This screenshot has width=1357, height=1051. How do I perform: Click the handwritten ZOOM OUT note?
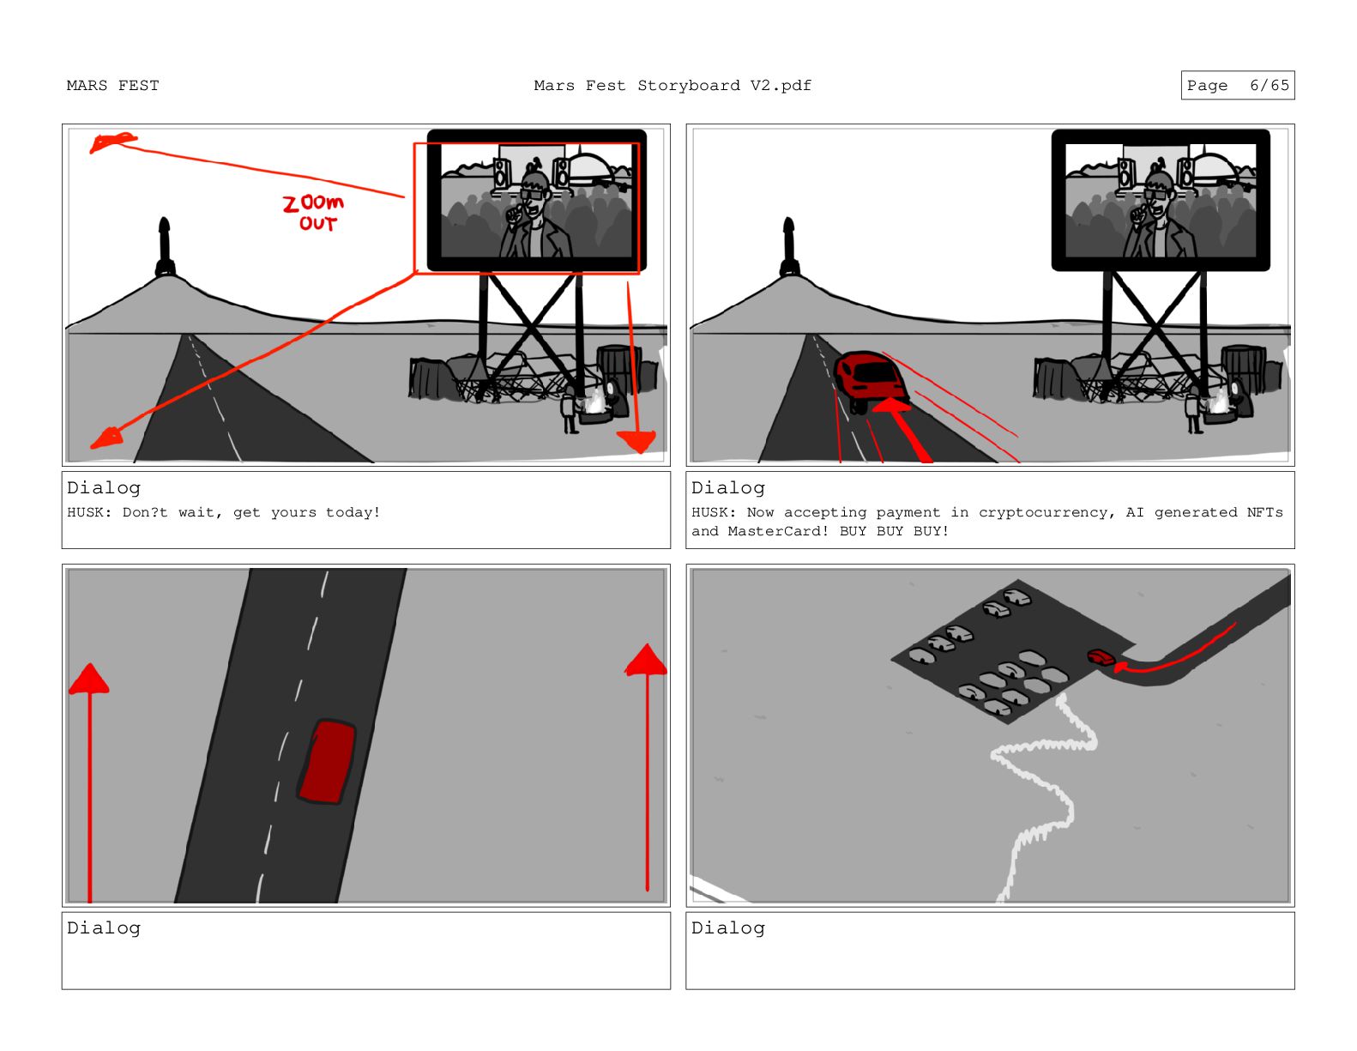[313, 212]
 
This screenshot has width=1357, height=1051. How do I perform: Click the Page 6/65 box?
[1237, 85]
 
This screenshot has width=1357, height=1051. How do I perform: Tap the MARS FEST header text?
[112, 86]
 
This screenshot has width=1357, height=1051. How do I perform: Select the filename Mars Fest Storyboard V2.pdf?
[672, 86]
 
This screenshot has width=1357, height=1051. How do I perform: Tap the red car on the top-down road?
[327, 761]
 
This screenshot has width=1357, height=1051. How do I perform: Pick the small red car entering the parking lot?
[1101, 657]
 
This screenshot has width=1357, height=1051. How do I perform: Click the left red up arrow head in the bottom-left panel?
[89, 679]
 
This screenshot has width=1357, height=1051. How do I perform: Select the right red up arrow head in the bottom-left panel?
[646, 660]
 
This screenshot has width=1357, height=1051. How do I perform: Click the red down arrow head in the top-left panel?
[636, 441]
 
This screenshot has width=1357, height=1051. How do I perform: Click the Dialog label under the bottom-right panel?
[728, 928]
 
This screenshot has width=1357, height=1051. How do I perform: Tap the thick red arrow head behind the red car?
[891, 405]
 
